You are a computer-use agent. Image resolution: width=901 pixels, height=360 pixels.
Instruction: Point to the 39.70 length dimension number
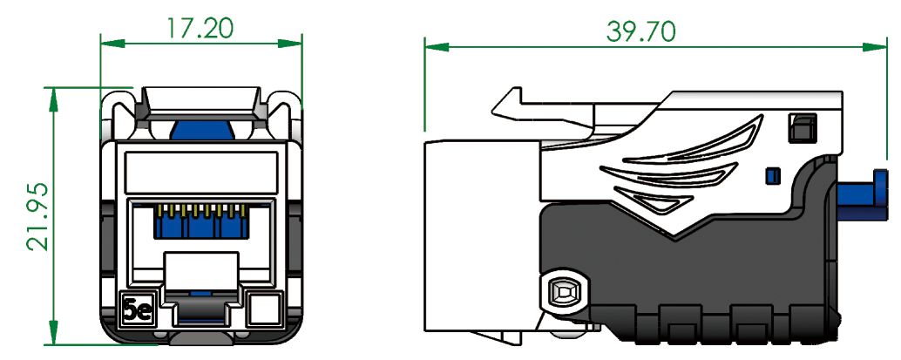641,31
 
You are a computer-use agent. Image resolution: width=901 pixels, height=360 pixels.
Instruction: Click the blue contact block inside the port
200,226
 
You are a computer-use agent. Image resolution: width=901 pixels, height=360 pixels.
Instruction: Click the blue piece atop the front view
204,130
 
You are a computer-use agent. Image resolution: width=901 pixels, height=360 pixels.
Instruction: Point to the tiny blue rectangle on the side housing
769,176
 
